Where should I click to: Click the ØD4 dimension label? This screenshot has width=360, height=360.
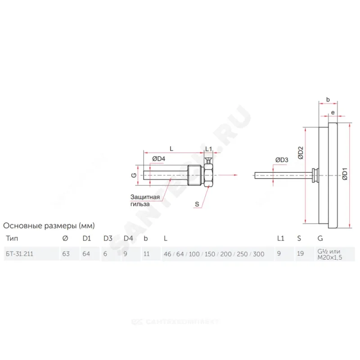158,158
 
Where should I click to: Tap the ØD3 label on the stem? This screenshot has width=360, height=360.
281,160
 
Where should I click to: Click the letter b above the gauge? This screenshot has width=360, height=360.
328,100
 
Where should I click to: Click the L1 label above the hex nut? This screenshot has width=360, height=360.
208,148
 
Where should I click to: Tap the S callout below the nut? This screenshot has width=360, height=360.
197,204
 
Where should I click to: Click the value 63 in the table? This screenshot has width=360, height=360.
66,254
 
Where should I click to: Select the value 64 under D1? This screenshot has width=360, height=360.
86,254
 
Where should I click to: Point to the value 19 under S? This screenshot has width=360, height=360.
300,254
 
